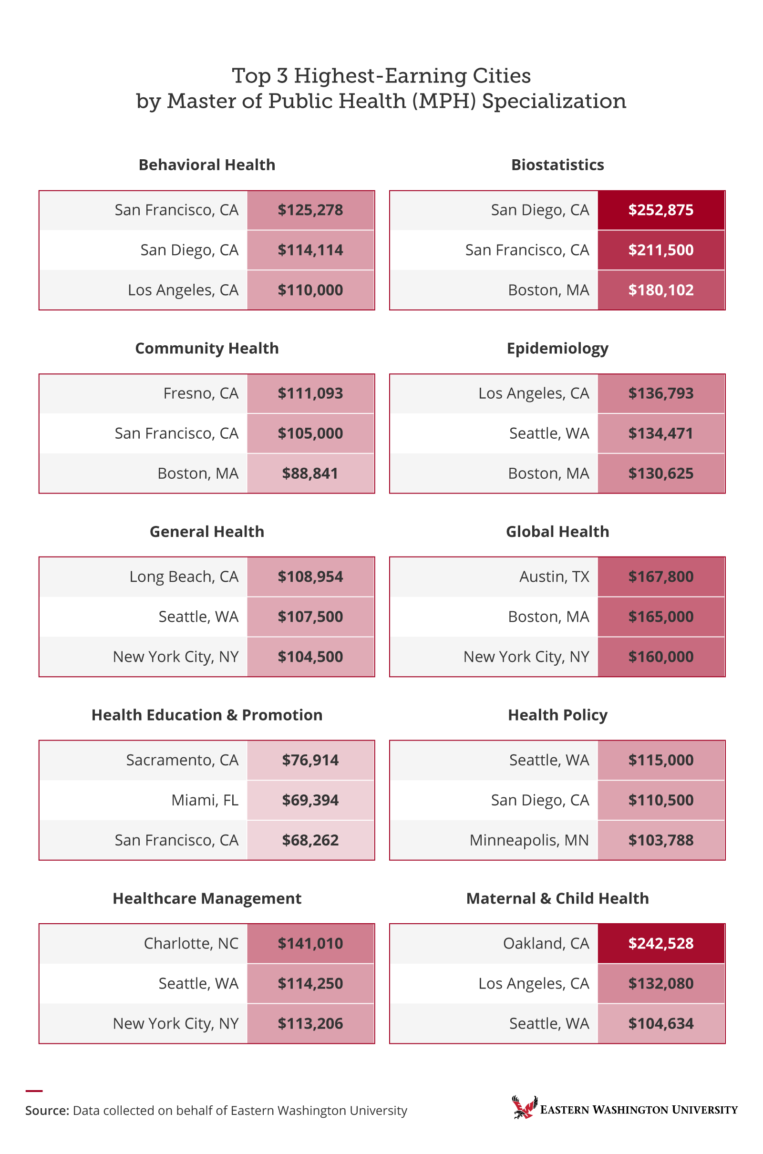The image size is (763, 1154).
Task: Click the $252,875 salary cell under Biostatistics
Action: pyautogui.click(x=660, y=210)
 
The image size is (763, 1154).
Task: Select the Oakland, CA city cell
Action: pyautogui.click(x=546, y=943)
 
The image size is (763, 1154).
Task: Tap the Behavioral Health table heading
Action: pyautogui.click(x=207, y=165)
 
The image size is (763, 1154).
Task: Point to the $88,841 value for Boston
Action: pyautogui.click(x=310, y=474)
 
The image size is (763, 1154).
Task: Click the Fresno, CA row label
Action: pyautogui.click(x=200, y=393)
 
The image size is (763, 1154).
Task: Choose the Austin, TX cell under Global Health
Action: pyautogui.click(x=554, y=577)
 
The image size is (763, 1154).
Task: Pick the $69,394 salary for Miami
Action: pyautogui.click(x=310, y=800)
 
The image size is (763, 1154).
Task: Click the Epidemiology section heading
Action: pyautogui.click(x=557, y=348)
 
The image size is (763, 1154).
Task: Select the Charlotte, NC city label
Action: pyautogui.click(x=191, y=943)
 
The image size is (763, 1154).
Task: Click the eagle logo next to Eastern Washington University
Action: pyautogui.click(x=524, y=1107)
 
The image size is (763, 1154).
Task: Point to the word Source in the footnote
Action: pyautogui.click(x=47, y=1111)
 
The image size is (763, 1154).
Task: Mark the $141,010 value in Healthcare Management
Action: pyautogui.click(x=310, y=943)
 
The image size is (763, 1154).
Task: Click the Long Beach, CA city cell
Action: pyautogui.click(x=184, y=577)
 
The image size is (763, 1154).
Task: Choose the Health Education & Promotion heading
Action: pyautogui.click(x=207, y=715)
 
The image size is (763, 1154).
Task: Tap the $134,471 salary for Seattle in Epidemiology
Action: pyautogui.click(x=660, y=433)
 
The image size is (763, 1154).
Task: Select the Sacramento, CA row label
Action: pyautogui.click(x=182, y=760)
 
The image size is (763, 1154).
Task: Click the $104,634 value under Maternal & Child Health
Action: pyautogui.click(x=660, y=1024)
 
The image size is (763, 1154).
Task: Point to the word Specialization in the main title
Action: pyautogui.click(x=554, y=101)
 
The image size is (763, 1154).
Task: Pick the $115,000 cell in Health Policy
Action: pyautogui.click(x=660, y=760)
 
